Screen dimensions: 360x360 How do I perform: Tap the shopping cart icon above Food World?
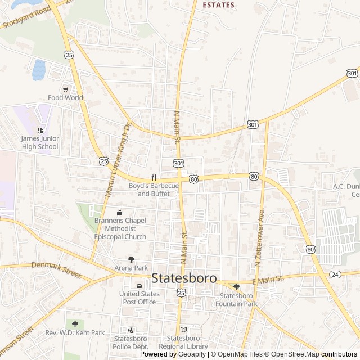point(66,89)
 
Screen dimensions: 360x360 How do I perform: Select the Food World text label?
point(65,98)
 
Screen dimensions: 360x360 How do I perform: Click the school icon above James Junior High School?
point(40,130)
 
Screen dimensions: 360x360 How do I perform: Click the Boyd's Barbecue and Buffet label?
point(154,190)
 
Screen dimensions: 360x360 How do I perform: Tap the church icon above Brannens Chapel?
point(120,213)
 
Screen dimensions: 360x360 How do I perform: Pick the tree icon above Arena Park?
point(131,259)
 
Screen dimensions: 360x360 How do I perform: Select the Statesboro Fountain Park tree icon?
point(237,287)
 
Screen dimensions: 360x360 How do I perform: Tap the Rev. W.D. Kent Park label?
point(75,333)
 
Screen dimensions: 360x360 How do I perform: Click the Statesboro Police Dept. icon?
point(131,330)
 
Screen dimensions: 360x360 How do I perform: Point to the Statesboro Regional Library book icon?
point(183,330)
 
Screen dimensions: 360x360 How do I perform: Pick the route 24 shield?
point(335,274)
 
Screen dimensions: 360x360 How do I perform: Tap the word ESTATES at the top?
point(218,5)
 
